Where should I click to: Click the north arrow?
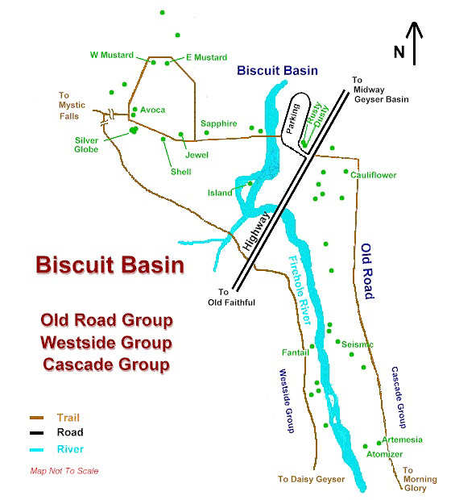click(x=415, y=44)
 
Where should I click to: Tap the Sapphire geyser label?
click(x=219, y=123)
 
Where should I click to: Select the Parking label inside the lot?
click(x=292, y=119)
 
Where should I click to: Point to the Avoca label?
click(x=152, y=110)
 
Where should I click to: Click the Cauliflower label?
click(x=374, y=175)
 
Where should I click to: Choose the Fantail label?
click(x=296, y=352)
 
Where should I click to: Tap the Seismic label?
click(x=358, y=344)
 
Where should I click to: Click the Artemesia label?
click(x=402, y=440)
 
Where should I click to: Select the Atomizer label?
click(x=384, y=454)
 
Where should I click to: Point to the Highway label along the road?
click(x=257, y=231)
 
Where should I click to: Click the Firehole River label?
click(x=300, y=290)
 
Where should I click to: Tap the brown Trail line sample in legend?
click(x=36, y=418)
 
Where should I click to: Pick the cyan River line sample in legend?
click(x=36, y=450)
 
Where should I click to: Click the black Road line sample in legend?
click(x=36, y=433)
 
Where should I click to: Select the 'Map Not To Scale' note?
click(x=64, y=471)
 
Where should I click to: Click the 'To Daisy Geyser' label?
click(x=311, y=479)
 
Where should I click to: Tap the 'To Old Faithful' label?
click(x=232, y=298)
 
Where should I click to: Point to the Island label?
click(x=220, y=193)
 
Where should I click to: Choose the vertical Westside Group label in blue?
click(x=287, y=401)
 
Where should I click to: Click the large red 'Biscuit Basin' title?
click(x=110, y=265)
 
